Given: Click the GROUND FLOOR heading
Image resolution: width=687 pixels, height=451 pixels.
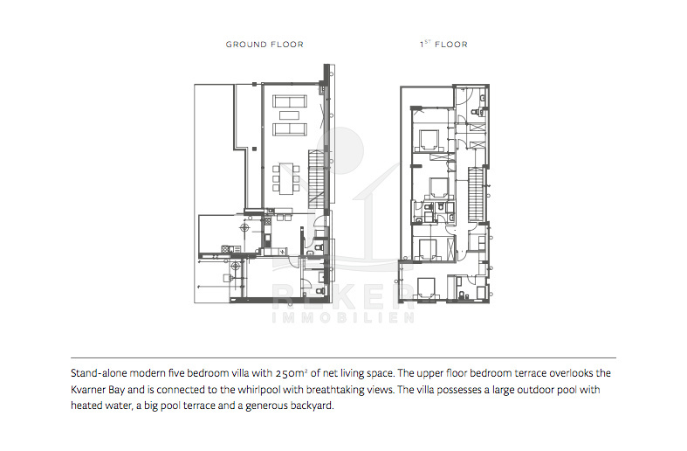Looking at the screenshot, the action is click(264, 45).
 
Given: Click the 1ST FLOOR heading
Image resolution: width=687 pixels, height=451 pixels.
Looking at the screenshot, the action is click(443, 44).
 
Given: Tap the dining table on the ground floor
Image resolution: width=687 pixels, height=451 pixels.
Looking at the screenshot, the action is click(287, 178).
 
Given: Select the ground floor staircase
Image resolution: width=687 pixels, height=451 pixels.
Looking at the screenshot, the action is click(318, 179).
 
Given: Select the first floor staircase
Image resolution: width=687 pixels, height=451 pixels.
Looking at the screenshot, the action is click(476, 194).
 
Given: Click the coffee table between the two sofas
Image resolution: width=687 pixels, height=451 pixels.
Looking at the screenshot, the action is click(289, 115).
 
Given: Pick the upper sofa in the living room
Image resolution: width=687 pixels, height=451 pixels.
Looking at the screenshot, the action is click(289, 101).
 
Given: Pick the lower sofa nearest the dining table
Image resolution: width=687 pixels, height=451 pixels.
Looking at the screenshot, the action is click(289, 129).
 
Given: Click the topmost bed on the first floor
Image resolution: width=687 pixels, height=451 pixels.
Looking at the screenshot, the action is click(430, 140).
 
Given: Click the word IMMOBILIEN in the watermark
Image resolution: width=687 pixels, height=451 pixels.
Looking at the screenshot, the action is click(343, 317).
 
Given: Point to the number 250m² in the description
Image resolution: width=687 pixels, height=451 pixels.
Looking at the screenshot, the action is click(292, 373).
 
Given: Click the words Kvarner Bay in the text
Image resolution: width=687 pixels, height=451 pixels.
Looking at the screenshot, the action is click(95, 390).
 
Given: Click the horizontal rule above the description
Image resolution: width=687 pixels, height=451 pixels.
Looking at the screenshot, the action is click(344, 358).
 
